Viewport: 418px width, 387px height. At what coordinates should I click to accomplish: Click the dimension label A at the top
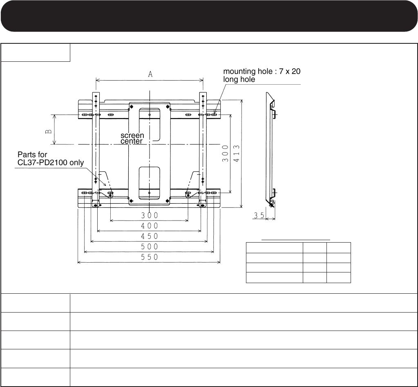tap(150, 74)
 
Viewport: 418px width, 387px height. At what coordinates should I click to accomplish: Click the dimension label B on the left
tap(49, 131)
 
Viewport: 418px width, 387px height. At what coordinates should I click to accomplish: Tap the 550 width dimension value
tap(150, 257)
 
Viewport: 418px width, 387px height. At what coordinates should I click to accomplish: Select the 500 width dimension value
tap(150, 247)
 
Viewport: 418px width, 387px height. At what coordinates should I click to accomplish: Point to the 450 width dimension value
tap(150, 236)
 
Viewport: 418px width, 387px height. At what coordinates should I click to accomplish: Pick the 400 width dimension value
tap(150, 226)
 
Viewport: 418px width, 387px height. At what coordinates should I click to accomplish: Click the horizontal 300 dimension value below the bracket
tap(150, 215)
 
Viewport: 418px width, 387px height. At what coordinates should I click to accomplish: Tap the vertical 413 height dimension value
tap(237, 153)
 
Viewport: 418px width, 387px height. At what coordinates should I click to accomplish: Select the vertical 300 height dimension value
tap(226, 153)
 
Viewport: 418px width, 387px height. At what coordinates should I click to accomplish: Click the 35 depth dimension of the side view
tap(259, 215)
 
